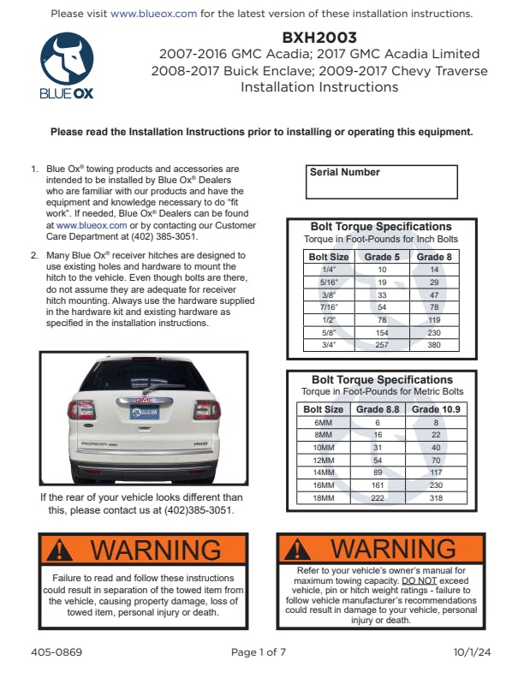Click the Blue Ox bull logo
[68, 60]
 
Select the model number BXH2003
[319, 38]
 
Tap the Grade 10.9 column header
[436, 409]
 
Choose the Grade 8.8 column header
[378, 409]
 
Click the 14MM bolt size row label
[324, 472]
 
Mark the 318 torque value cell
[436, 497]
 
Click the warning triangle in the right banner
[300, 549]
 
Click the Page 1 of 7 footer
[259, 652]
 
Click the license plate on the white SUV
[143, 412]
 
